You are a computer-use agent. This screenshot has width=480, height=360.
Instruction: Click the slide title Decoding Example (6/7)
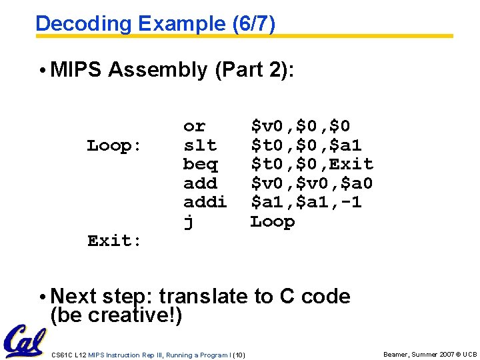[x=155, y=23]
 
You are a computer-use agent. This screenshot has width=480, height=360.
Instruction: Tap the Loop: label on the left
[x=114, y=145]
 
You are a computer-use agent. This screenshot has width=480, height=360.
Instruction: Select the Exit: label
[x=114, y=241]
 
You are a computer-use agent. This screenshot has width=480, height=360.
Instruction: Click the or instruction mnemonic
[x=194, y=126]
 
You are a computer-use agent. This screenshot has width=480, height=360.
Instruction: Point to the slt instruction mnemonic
[x=199, y=145]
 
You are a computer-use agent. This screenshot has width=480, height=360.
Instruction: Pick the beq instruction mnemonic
[x=199, y=164]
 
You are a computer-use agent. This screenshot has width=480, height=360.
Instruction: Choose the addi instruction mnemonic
[x=205, y=202]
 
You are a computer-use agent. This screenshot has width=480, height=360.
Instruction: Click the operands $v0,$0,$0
[x=300, y=126]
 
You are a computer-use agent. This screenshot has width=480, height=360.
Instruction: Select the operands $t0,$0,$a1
[x=305, y=145]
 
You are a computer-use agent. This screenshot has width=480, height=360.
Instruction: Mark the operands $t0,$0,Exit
[x=311, y=164]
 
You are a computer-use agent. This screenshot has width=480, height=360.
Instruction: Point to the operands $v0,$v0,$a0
[x=311, y=183]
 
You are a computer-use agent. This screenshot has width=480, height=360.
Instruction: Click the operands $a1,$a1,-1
[x=305, y=202]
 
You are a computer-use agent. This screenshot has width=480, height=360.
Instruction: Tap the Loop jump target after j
[x=272, y=221]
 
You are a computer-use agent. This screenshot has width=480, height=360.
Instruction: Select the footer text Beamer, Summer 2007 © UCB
[x=430, y=354]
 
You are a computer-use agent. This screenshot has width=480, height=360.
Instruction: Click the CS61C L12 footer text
[x=148, y=355]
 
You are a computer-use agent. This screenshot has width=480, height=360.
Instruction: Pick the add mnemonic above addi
[x=199, y=183]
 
